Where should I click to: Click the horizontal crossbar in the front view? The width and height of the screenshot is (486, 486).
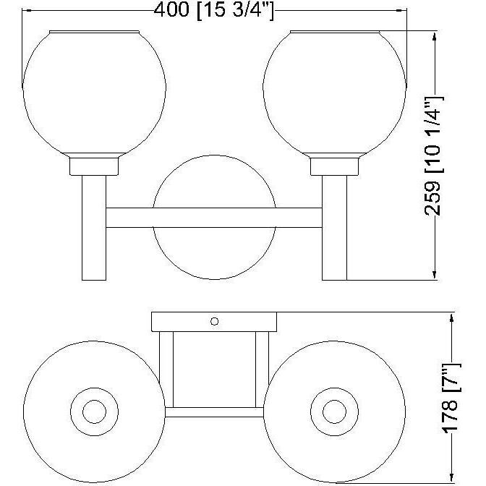(x=215, y=218)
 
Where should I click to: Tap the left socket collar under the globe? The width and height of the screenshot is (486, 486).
(x=94, y=167)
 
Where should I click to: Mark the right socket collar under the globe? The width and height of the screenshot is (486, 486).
(x=335, y=167)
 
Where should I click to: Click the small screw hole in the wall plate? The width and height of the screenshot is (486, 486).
(x=214, y=320)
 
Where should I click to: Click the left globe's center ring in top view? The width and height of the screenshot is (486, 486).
(x=93, y=412)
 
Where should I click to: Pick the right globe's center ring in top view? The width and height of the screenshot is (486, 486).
(x=335, y=412)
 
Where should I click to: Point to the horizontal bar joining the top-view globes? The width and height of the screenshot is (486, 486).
(x=215, y=413)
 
